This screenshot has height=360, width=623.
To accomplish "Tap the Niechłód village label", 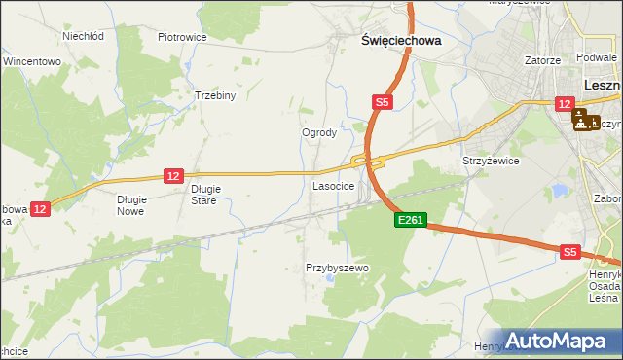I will pyautogui.click(x=83, y=36).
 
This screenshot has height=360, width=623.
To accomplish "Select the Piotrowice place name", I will pyautogui.click(x=182, y=37).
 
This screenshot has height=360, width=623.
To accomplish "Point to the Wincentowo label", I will pyautogui.click(x=32, y=60).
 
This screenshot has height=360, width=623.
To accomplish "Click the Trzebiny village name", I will pyautogui.click(x=215, y=96).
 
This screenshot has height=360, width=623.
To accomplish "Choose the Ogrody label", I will pyautogui.click(x=319, y=133).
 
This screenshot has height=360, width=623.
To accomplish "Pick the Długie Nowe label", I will pyautogui.click(x=130, y=204).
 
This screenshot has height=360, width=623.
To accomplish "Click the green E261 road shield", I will pyautogui.click(x=410, y=221).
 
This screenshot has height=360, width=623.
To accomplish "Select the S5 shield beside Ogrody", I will pyautogui.click(x=384, y=101).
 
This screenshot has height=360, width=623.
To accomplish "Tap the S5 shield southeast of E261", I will pyautogui.click(x=570, y=252).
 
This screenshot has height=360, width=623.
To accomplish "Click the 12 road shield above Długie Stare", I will pyautogui.click(x=173, y=175).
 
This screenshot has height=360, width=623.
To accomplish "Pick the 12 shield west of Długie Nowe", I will pyautogui.click(x=40, y=208).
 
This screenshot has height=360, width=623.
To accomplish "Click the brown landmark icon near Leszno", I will pyautogui.click(x=586, y=122).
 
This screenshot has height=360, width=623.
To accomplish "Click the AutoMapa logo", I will pyautogui.click(x=558, y=341).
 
